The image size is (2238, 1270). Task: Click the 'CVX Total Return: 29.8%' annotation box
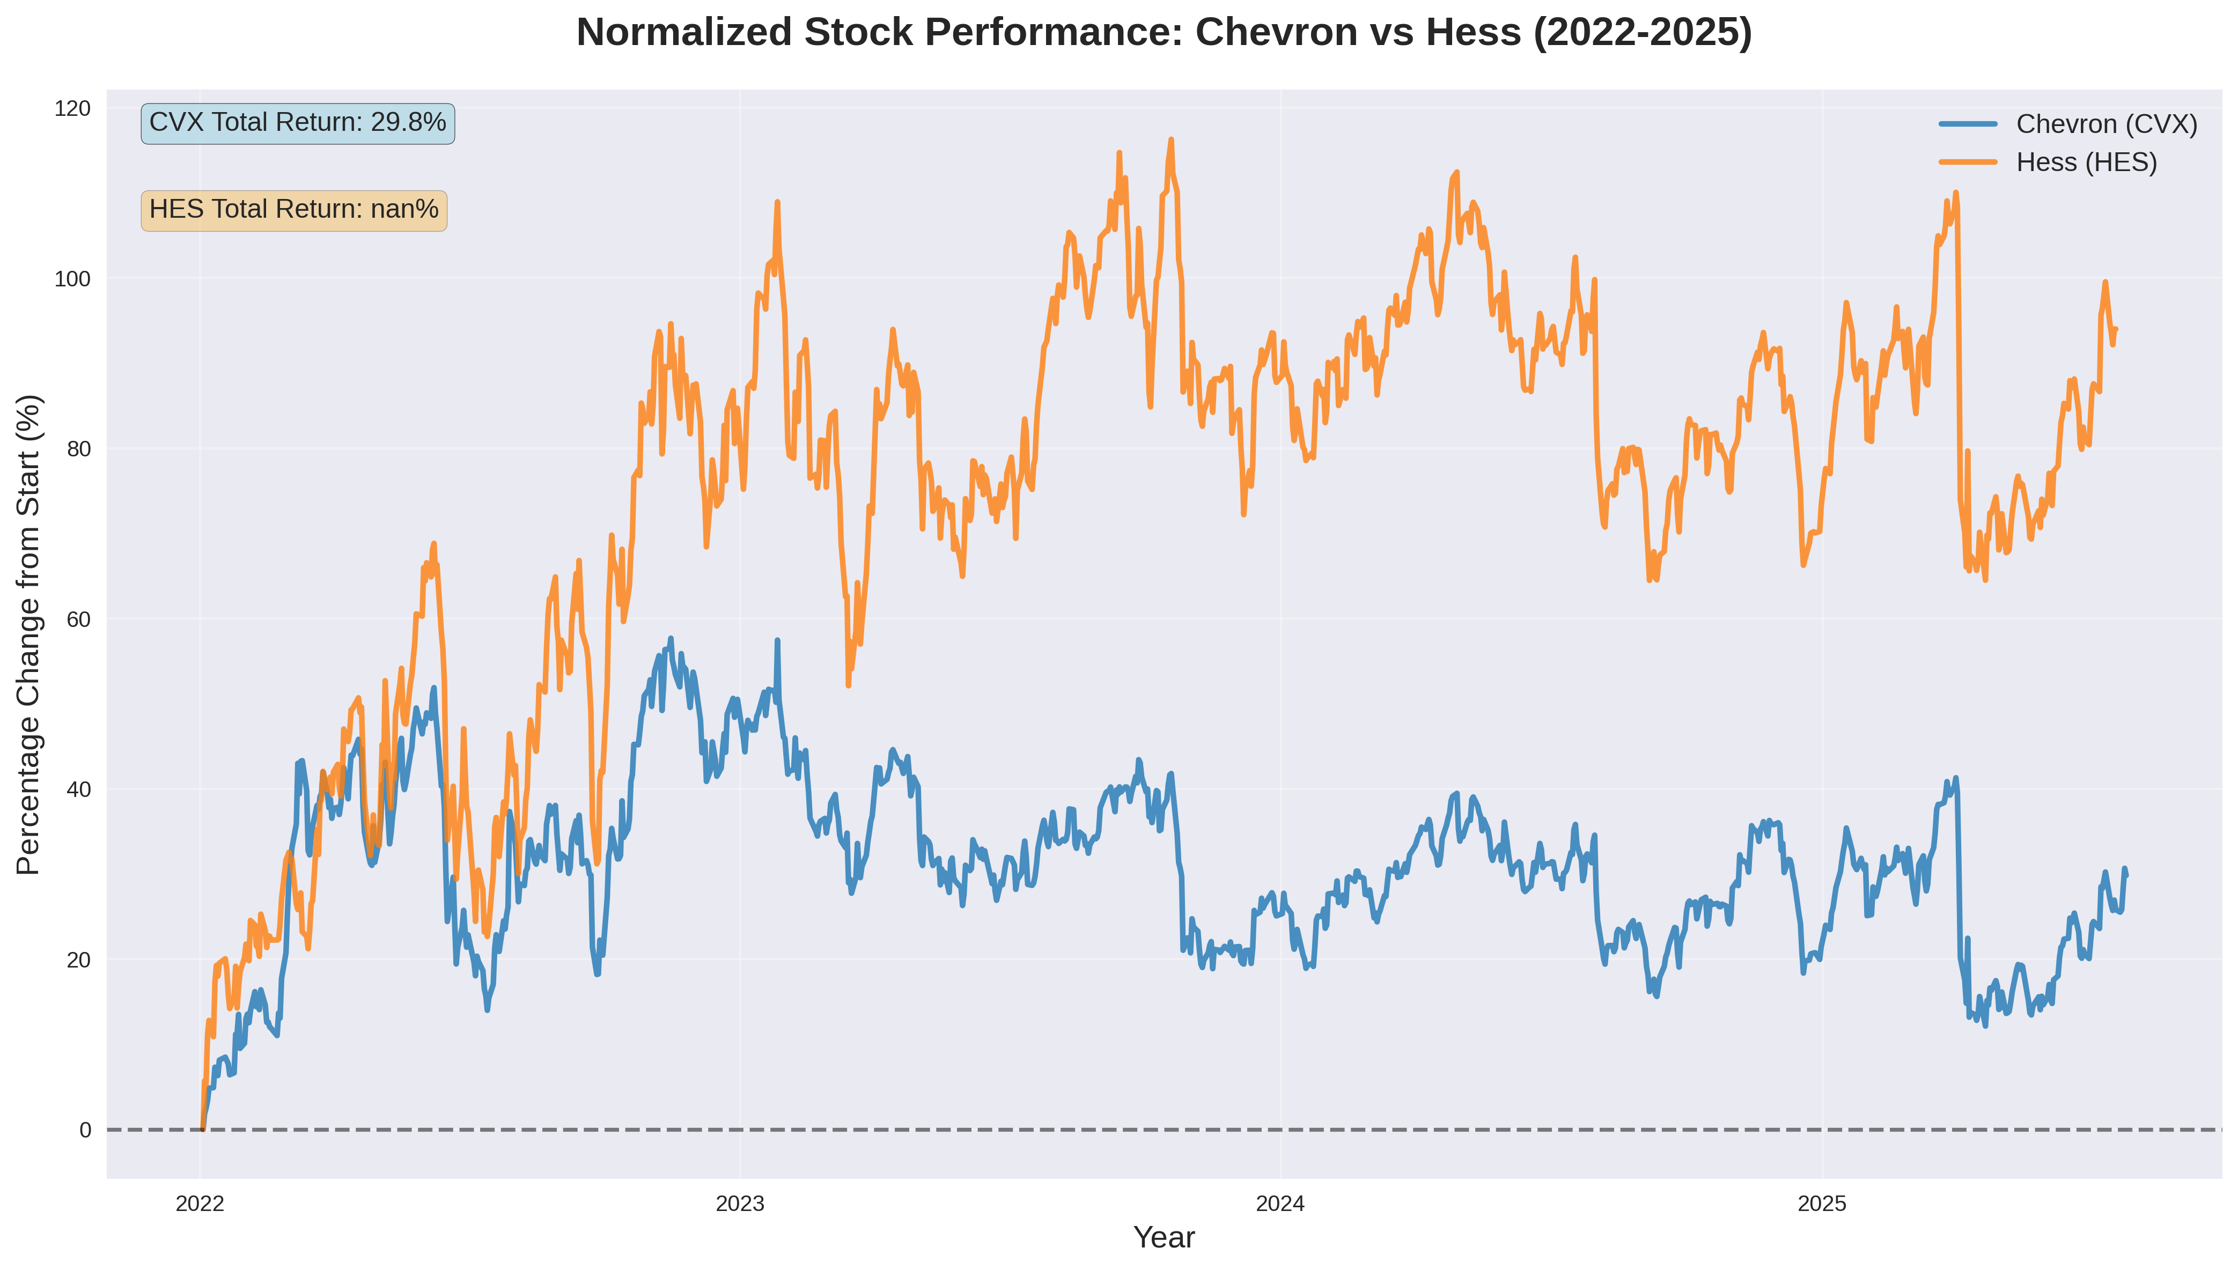click(x=297, y=123)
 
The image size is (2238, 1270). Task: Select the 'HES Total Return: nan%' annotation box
click(x=294, y=210)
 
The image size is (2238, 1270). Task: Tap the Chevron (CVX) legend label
click(x=2106, y=125)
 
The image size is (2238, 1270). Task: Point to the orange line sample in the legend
click(x=1968, y=163)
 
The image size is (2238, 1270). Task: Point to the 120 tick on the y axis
click(x=72, y=109)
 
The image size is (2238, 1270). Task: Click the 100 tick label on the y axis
click(x=72, y=279)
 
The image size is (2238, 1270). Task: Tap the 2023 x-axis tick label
click(x=740, y=1205)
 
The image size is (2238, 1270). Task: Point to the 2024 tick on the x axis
click(x=1279, y=1205)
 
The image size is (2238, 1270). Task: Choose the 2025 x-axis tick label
click(x=1822, y=1205)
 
